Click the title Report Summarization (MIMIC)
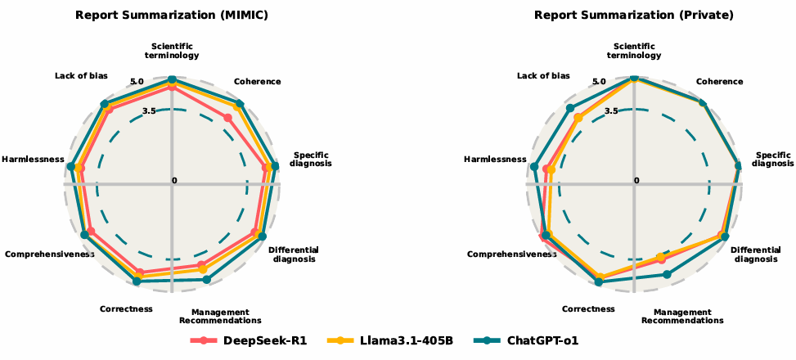(x=172, y=15)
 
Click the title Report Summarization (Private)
(x=634, y=15)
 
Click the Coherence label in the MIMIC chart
(x=257, y=82)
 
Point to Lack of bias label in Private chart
(x=543, y=76)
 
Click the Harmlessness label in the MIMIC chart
(x=34, y=159)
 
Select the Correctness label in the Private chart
(x=588, y=309)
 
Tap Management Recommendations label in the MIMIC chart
(x=220, y=316)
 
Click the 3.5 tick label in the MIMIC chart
(x=148, y=110)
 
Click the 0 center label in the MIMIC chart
(x=174, y=180)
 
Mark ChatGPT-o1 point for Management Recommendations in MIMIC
(x=205, y=280)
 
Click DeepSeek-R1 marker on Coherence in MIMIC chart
(x=228, y=118)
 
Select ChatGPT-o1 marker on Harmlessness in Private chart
(x=534, y=167)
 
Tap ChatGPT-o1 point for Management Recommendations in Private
(x=667, y=274)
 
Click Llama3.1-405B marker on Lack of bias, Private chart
(x=578, y=118)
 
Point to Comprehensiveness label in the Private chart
(x=511, y=254)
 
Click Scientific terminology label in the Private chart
(x=634, y=51)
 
